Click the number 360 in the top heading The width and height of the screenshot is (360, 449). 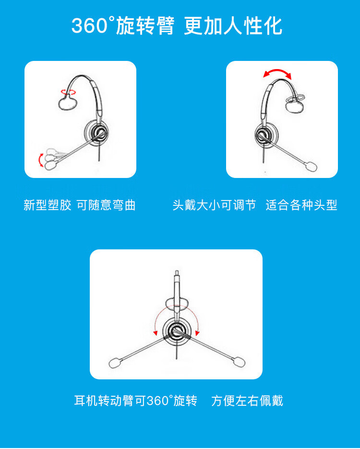tap(89, 26)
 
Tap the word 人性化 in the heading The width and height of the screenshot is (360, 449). tap(253, 26)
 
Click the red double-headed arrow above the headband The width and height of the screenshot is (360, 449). tap(277, 73)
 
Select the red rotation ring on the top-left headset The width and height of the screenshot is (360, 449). tap(69, 92)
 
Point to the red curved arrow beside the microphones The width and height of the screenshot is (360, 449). tap(41, 160)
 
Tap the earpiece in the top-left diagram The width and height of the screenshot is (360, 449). tap(97, 133)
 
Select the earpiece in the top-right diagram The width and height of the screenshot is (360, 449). tap(267, 135)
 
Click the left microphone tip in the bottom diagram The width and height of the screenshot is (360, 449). tap(115, 363)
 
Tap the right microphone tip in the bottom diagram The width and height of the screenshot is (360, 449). tap(239, 361)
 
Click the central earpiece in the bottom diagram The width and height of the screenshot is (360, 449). tap(177, 332)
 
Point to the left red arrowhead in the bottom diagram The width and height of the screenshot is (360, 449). tap(156, 333)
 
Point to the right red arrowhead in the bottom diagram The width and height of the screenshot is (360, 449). tap(197, 333)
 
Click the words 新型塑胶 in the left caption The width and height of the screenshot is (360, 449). tap(48, 205)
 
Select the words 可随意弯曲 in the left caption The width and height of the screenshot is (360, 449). tap(107, 205)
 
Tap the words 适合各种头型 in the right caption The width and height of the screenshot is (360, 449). tap(301, 205)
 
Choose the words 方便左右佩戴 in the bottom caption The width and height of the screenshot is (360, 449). tap(247, 401)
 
